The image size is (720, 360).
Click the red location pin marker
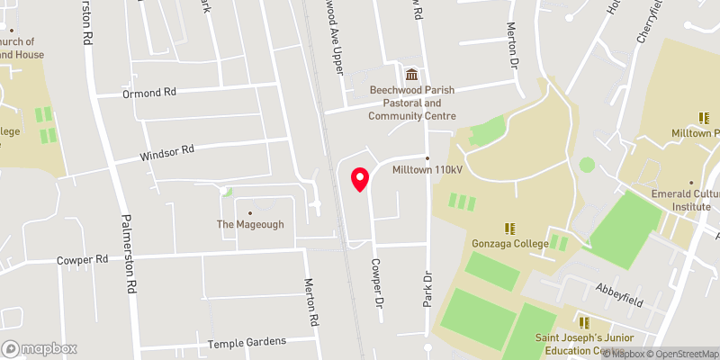[359, 180]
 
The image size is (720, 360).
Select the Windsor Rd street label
[167, 153]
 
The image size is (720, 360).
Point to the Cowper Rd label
[82, 258]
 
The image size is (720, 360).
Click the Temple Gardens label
[247, 342]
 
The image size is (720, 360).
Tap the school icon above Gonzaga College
[509, 229]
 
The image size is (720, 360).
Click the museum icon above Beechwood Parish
[412, 75]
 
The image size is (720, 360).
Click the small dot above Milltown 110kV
[427, 157]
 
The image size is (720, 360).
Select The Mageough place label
[249, 224]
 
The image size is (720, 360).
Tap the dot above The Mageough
[249, 212]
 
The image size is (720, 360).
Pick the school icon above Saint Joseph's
[583, 321]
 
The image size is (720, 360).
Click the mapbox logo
[40, 348]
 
